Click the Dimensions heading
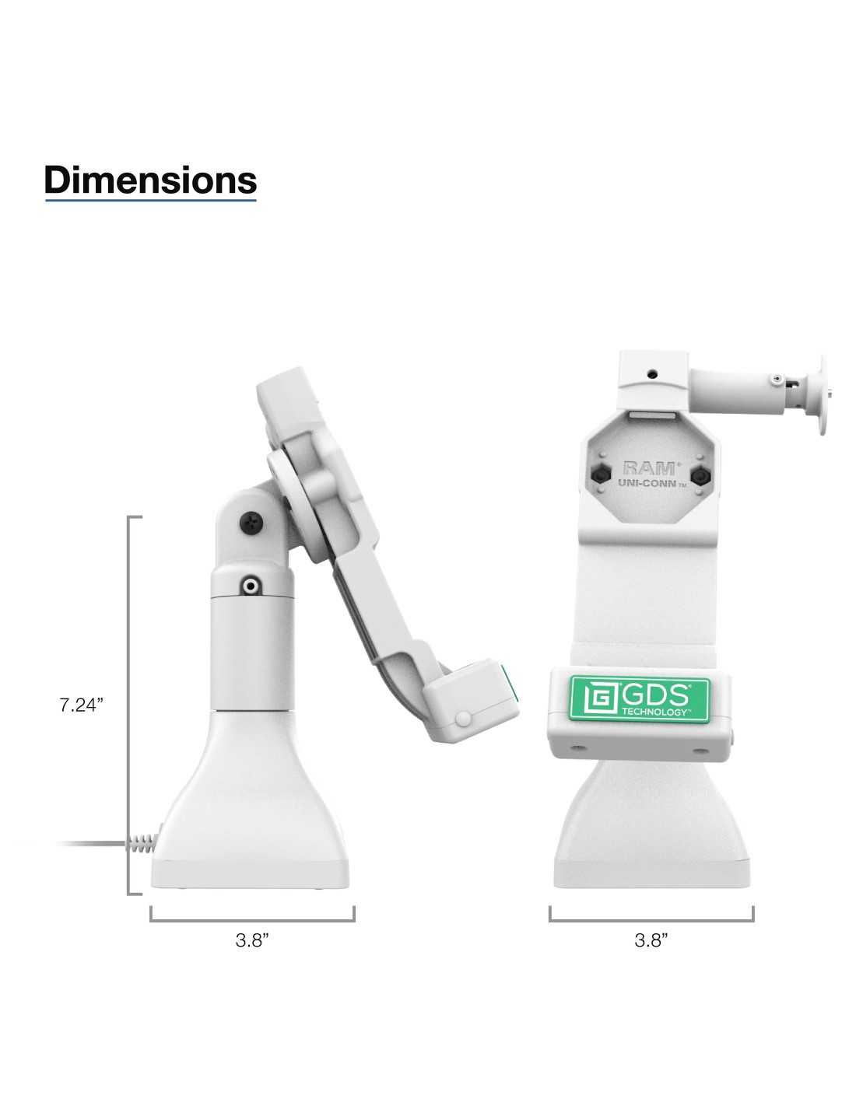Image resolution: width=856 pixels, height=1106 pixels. tap(150, 180)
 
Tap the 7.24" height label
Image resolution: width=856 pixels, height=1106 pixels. tap(82, 705)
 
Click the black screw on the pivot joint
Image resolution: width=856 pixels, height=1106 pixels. tap(251, 522)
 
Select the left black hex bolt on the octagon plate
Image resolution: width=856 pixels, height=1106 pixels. tap(601, 475)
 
